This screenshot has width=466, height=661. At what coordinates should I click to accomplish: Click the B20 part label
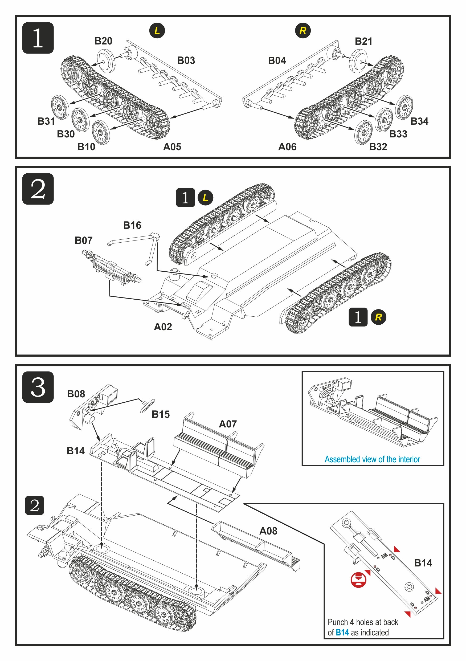click(x=103, y=41)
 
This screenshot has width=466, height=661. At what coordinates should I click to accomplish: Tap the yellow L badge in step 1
click(x=157, y=31)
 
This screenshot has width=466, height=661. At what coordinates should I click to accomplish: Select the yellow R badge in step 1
click(x=303, y=31)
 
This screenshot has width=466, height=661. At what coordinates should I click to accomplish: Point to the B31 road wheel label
click(x=46, y=121)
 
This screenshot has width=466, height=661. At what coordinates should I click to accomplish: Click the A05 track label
click(x=172, y=147)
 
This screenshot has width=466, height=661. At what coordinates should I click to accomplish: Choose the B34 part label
click(x=419, y=121)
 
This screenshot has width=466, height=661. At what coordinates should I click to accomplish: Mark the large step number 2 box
click(x=38, y=189)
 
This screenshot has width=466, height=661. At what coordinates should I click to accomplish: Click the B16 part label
click(x=132, y=225)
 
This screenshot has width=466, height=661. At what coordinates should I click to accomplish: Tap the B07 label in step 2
click(x=83, y=240)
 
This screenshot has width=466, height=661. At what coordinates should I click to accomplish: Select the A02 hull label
click(x=163, y=327)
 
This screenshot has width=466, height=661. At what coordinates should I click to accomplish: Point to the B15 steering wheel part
click(x=147, y=406)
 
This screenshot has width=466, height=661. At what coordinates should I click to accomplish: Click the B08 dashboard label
click(x=76, y=394)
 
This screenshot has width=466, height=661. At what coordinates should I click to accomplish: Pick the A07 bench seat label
click(x=228, y=424)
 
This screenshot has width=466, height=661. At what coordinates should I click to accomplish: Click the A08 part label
click(x=268, y=531)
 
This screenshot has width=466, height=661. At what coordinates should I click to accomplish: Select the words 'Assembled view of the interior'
click(x=372, y=459)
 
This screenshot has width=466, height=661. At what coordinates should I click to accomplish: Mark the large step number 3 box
click(x=38, y=387)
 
